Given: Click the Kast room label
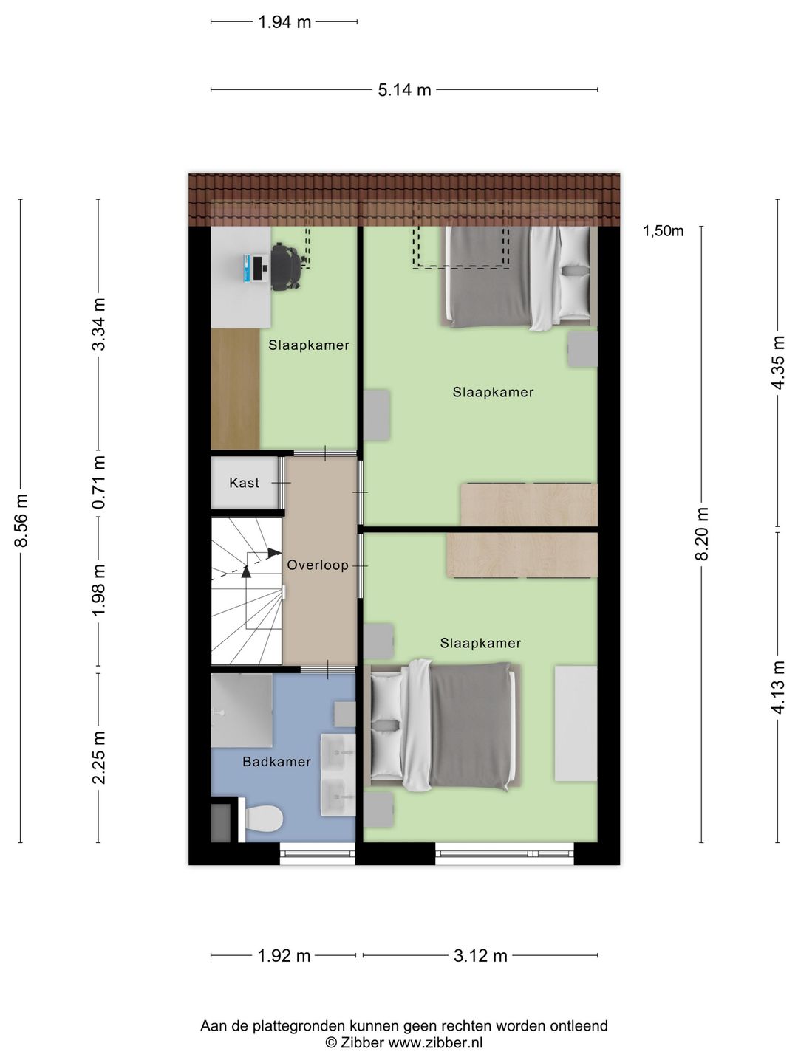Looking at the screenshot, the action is (x=244, y=483).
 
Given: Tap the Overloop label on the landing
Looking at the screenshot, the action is (x=318, y=565).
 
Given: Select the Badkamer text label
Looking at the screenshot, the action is (x=276, y=762).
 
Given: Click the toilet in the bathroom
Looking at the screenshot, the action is (x=264, y=817).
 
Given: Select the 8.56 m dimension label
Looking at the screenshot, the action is (x=21, y=520).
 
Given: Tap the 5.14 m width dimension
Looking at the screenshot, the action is (x=405, y=90).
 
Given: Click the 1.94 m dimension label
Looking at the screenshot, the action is (x=284, y=22).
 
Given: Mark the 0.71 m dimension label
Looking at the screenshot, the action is (x=99, y=482).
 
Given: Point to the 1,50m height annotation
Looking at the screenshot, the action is (x=663, y=232).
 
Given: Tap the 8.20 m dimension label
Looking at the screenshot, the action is (x=702, y=534).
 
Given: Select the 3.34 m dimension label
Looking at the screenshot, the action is (x=99, y=324).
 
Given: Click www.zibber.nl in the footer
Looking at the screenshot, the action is (x=436, y=1042).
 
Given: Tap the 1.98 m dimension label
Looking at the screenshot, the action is (x=99, y=591).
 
